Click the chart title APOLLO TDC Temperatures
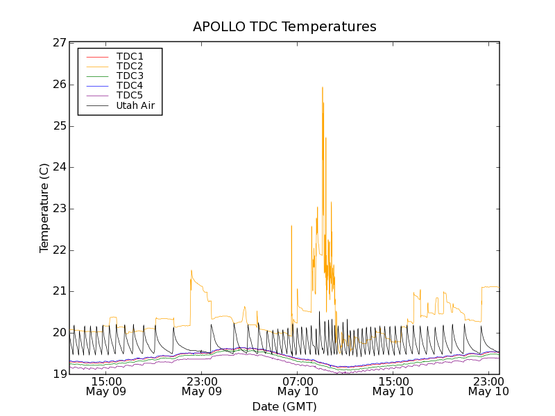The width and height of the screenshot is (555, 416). click(x=284, y=27)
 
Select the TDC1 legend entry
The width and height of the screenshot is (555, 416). click(x=130, y=56)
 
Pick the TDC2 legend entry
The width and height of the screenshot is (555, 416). click(x=130, y=66)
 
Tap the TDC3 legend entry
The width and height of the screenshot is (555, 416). click(x=130, y=76)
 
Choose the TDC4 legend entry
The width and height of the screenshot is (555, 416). click(x=130, y=86)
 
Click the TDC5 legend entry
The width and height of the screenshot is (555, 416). click(x=130, y=96)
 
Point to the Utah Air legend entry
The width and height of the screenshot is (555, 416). click(x=135, y=106)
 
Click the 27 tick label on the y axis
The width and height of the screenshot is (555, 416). click(x=59, y=43)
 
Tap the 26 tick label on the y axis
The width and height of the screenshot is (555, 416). click(x=59, y=85)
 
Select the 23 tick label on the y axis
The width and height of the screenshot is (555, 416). click(x=59, y=209)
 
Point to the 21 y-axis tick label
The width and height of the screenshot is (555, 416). click(x=59, y=291)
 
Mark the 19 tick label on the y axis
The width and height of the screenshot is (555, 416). click(x=59, y=374)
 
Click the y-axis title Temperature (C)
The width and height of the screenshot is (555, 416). click(x=44, y=208)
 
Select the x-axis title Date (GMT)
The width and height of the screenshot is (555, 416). click(x=284, y=406)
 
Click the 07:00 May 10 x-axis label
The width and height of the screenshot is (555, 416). click(x=298, y=386)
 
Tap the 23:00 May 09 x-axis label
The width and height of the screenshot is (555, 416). click(x=202, y=386)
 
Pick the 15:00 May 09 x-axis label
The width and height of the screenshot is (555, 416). click(x=106, y=386)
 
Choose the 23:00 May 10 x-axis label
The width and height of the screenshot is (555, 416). click(x=489, y=386)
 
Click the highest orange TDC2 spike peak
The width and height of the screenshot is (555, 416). click(x=323, y=87)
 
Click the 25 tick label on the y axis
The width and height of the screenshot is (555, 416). click(x=59, y=126)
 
